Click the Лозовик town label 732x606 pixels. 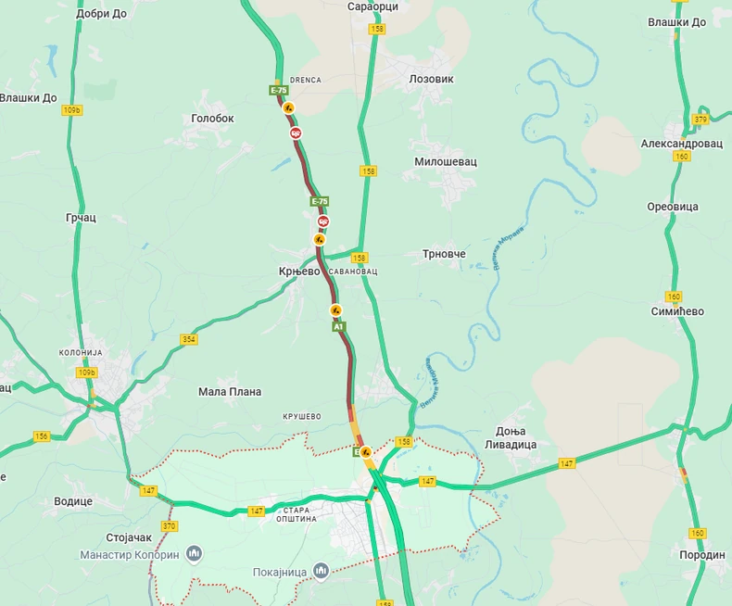(431, 80)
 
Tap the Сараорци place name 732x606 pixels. (372, 6)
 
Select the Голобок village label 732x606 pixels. (212, 119)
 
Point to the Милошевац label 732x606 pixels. (445, 161)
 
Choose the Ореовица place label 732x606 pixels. (673, 207)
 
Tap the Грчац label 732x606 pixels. (81, 218)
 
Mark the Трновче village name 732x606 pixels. (444, 254)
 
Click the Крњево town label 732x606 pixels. (299, 271)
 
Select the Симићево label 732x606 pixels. (677, 311)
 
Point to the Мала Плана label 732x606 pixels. (230, 392)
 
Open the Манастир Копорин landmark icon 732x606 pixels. (194, 553)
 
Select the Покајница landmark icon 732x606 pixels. (321, 570)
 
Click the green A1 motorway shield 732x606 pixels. (338, 327)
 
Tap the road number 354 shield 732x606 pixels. (189, 340)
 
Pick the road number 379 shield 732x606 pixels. (700, 120)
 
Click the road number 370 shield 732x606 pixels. (169, 526)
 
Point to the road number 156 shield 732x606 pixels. (42, 436)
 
